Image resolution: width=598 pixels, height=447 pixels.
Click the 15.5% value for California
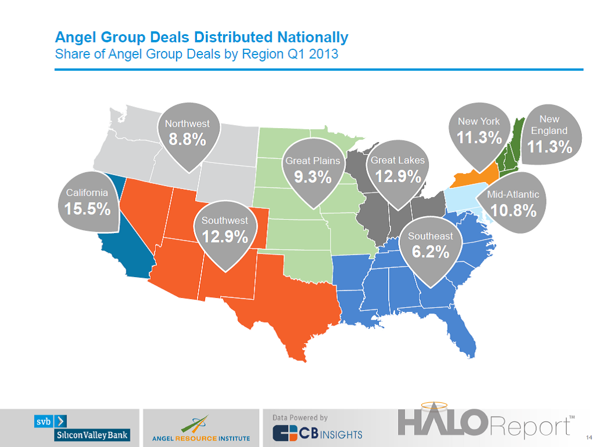[x=87, y=209]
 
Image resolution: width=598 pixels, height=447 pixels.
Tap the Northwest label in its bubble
[x=187, y=123]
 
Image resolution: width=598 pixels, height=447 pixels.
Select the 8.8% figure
[x=187, y=140]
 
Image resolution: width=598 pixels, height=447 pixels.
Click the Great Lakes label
[x=398, y=160]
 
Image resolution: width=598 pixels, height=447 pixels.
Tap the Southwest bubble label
[x=224, y=220]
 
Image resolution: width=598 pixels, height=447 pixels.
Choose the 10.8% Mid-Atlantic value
[x=513, y=211]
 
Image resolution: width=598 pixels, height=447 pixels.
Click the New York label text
[x=479, y=121]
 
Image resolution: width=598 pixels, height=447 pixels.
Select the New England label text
[x=549, y=125]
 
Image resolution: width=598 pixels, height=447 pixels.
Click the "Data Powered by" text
[x=300, y=417]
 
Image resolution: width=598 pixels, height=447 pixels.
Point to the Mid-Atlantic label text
[x=513, y=195]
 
